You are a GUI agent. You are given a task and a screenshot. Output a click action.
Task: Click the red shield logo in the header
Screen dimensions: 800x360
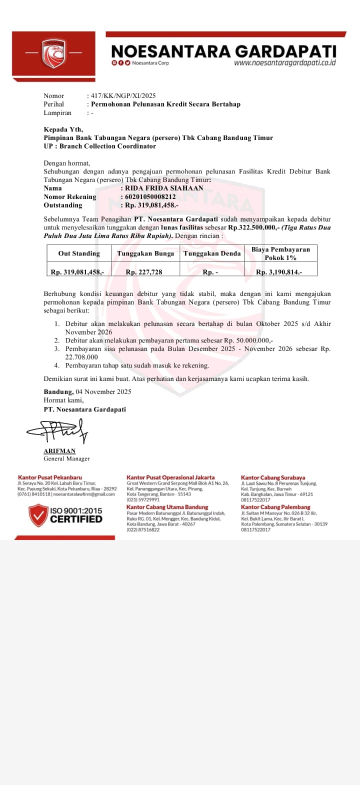[x=53, y=53]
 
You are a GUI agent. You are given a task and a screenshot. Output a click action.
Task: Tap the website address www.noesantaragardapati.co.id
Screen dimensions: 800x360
[x=284, y=63]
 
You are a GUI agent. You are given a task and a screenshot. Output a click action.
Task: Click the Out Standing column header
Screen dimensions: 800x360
[x=79, y=253]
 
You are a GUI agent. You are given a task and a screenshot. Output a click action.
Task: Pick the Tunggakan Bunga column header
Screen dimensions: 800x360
[x=145, y=253]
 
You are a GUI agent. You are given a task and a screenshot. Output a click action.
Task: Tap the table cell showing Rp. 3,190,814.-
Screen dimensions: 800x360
[x=279, y=272]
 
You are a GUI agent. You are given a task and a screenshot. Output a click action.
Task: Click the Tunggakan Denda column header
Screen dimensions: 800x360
[x=212, y=253]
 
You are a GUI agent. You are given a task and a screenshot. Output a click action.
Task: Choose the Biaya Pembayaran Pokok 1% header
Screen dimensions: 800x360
[x=280, y=253]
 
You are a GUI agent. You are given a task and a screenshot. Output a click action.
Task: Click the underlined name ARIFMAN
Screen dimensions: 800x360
[x=59, y=450]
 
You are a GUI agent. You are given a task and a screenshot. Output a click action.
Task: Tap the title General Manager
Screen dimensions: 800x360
[x=66, y=458]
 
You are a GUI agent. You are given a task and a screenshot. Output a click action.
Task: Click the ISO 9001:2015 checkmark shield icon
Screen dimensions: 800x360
[x=38, y=515]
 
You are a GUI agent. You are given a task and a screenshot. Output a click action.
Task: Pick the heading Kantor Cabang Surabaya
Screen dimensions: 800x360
[x=272, y=477]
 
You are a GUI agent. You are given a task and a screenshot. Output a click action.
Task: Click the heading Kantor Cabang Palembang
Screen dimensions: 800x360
[x=275, y=507]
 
